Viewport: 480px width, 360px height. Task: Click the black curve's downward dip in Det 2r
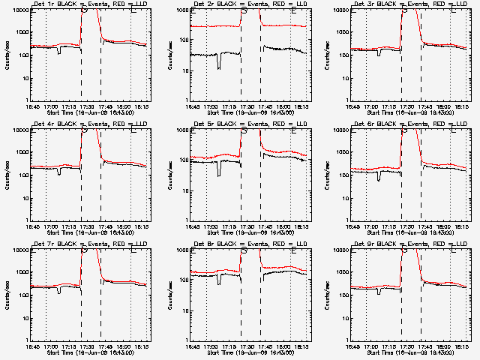219,66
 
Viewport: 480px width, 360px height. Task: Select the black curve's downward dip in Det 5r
219,174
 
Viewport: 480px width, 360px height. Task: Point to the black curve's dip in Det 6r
379,178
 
